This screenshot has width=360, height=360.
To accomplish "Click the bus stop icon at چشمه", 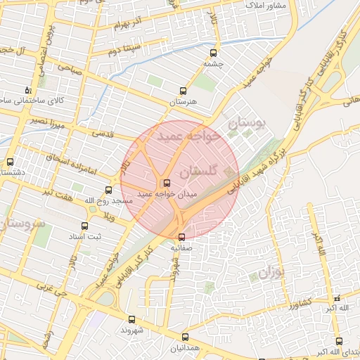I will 213,52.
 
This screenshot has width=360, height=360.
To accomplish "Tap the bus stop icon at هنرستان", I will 184,91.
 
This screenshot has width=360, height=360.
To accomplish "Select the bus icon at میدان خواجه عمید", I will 166,183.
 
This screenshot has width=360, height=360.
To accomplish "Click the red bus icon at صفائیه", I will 182,236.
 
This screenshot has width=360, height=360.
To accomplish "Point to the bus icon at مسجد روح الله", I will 108,190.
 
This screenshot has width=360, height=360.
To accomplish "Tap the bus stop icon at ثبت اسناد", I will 85,226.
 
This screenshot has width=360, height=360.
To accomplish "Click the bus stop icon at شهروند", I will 131,319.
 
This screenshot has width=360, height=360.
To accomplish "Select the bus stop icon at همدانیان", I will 185,337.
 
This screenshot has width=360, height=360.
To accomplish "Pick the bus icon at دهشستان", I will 10,162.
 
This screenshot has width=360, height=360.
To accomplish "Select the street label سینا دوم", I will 124,50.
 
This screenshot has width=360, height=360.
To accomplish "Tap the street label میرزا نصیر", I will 47,124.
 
